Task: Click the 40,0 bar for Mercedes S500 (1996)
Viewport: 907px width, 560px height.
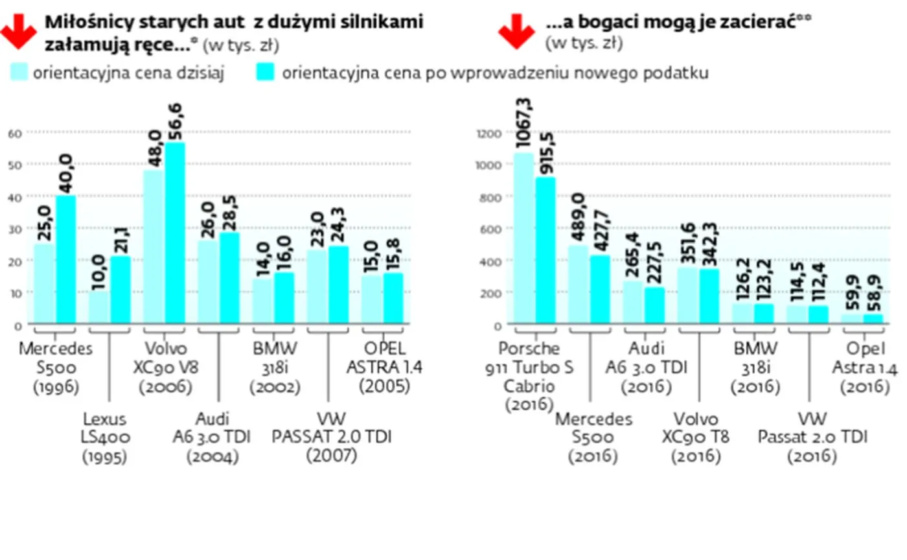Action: click(x=66, y=259)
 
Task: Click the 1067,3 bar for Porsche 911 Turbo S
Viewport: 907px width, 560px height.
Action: click(x=524, y=238)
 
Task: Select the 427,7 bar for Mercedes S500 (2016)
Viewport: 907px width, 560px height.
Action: click(x=601, y=289)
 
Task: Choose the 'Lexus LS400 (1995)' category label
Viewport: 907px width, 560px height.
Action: click(x=104, y=438)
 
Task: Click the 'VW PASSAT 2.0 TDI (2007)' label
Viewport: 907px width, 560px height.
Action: click(x=332, y=437)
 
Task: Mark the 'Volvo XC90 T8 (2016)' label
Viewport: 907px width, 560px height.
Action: click(x=696, y=438)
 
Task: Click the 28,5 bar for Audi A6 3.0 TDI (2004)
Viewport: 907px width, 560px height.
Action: click(x=229, y=278)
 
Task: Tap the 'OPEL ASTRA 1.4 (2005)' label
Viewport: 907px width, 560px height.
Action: click(x=385, y=367)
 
